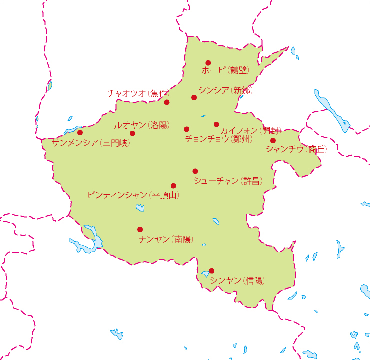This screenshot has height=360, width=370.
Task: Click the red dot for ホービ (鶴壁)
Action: (x=208, y=63)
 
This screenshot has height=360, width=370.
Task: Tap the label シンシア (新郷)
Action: (x=225, y=90)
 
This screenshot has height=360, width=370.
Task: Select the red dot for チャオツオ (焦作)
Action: (x=167, y=102)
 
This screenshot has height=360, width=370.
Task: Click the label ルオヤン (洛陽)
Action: (x=140, y=125)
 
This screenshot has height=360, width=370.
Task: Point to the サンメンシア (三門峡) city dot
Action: (x=80, y=133)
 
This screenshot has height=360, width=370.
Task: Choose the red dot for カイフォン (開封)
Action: (x=216, y=124)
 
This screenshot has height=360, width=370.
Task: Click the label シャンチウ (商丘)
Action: (x=296, y=149)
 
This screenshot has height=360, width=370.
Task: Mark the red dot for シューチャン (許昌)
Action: (x=195, y=171)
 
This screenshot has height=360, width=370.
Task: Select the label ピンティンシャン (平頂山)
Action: (x=133, y=195)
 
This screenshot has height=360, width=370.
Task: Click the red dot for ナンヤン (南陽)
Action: (x=140, y=230)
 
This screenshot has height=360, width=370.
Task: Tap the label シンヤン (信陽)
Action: (x=237, y=281)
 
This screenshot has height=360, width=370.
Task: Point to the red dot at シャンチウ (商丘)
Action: (x=273, y=140)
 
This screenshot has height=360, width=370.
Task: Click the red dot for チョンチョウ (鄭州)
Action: (x=187, y=129)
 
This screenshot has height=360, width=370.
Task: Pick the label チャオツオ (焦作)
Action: (x=138, y=93)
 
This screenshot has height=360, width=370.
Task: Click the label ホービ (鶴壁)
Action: (x=225, y=71)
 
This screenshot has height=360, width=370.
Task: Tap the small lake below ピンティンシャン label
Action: (x=140, y=207)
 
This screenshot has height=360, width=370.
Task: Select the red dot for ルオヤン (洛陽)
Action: (x=132, y=133)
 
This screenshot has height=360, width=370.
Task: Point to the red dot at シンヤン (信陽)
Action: (x=212, y=271)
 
